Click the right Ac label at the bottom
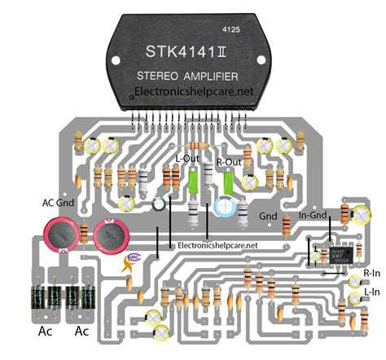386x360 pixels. point(82,331)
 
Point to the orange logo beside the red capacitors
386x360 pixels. point(129,262)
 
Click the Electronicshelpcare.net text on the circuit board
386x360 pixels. point(217,244)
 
